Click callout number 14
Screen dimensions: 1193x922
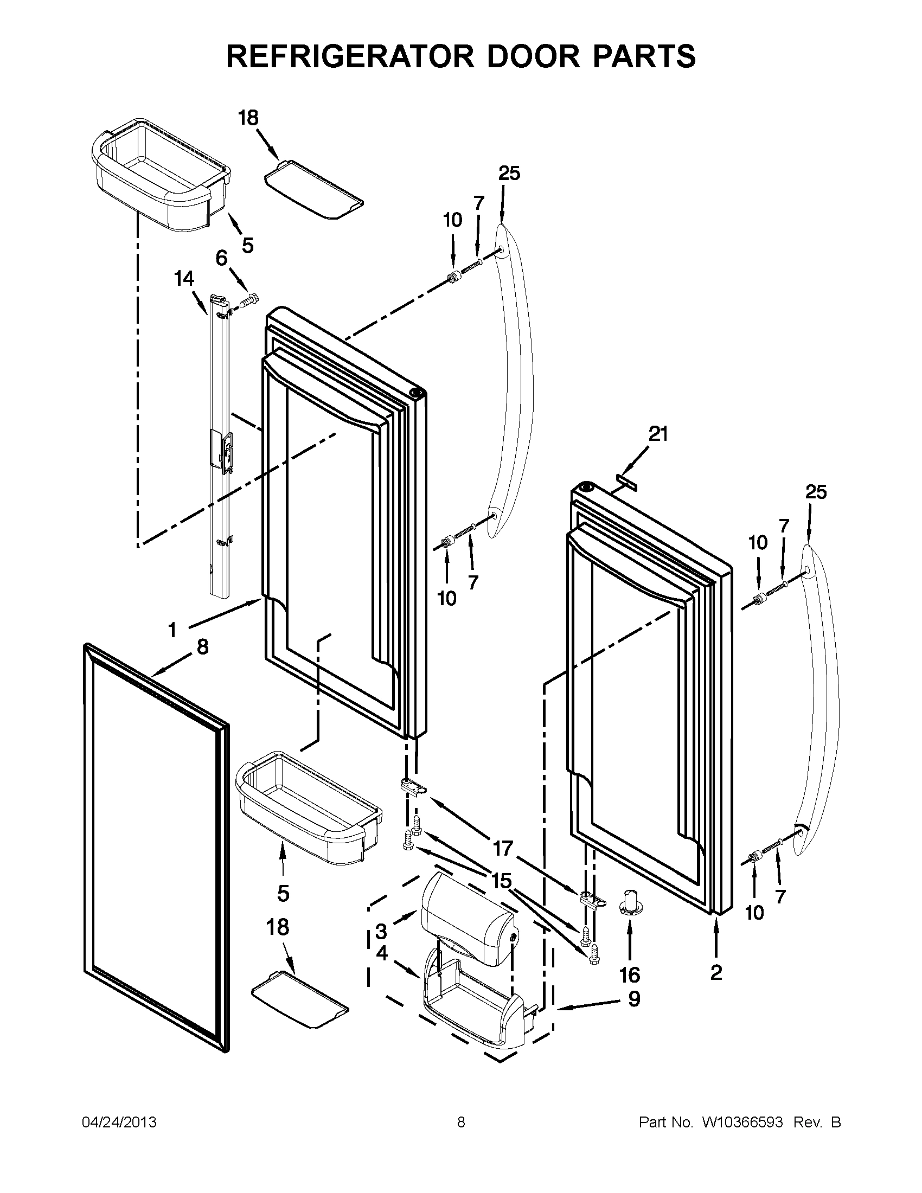pos(184,279)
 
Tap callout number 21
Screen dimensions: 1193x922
pos(658,434)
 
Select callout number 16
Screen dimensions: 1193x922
pos(630,974)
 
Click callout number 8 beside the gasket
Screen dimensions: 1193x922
pos(202,647)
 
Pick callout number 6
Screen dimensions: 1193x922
pos(221,257)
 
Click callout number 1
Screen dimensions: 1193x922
pos(172,630)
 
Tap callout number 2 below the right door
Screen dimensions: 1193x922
pos(716,972)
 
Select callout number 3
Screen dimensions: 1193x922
pos(381,931)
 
